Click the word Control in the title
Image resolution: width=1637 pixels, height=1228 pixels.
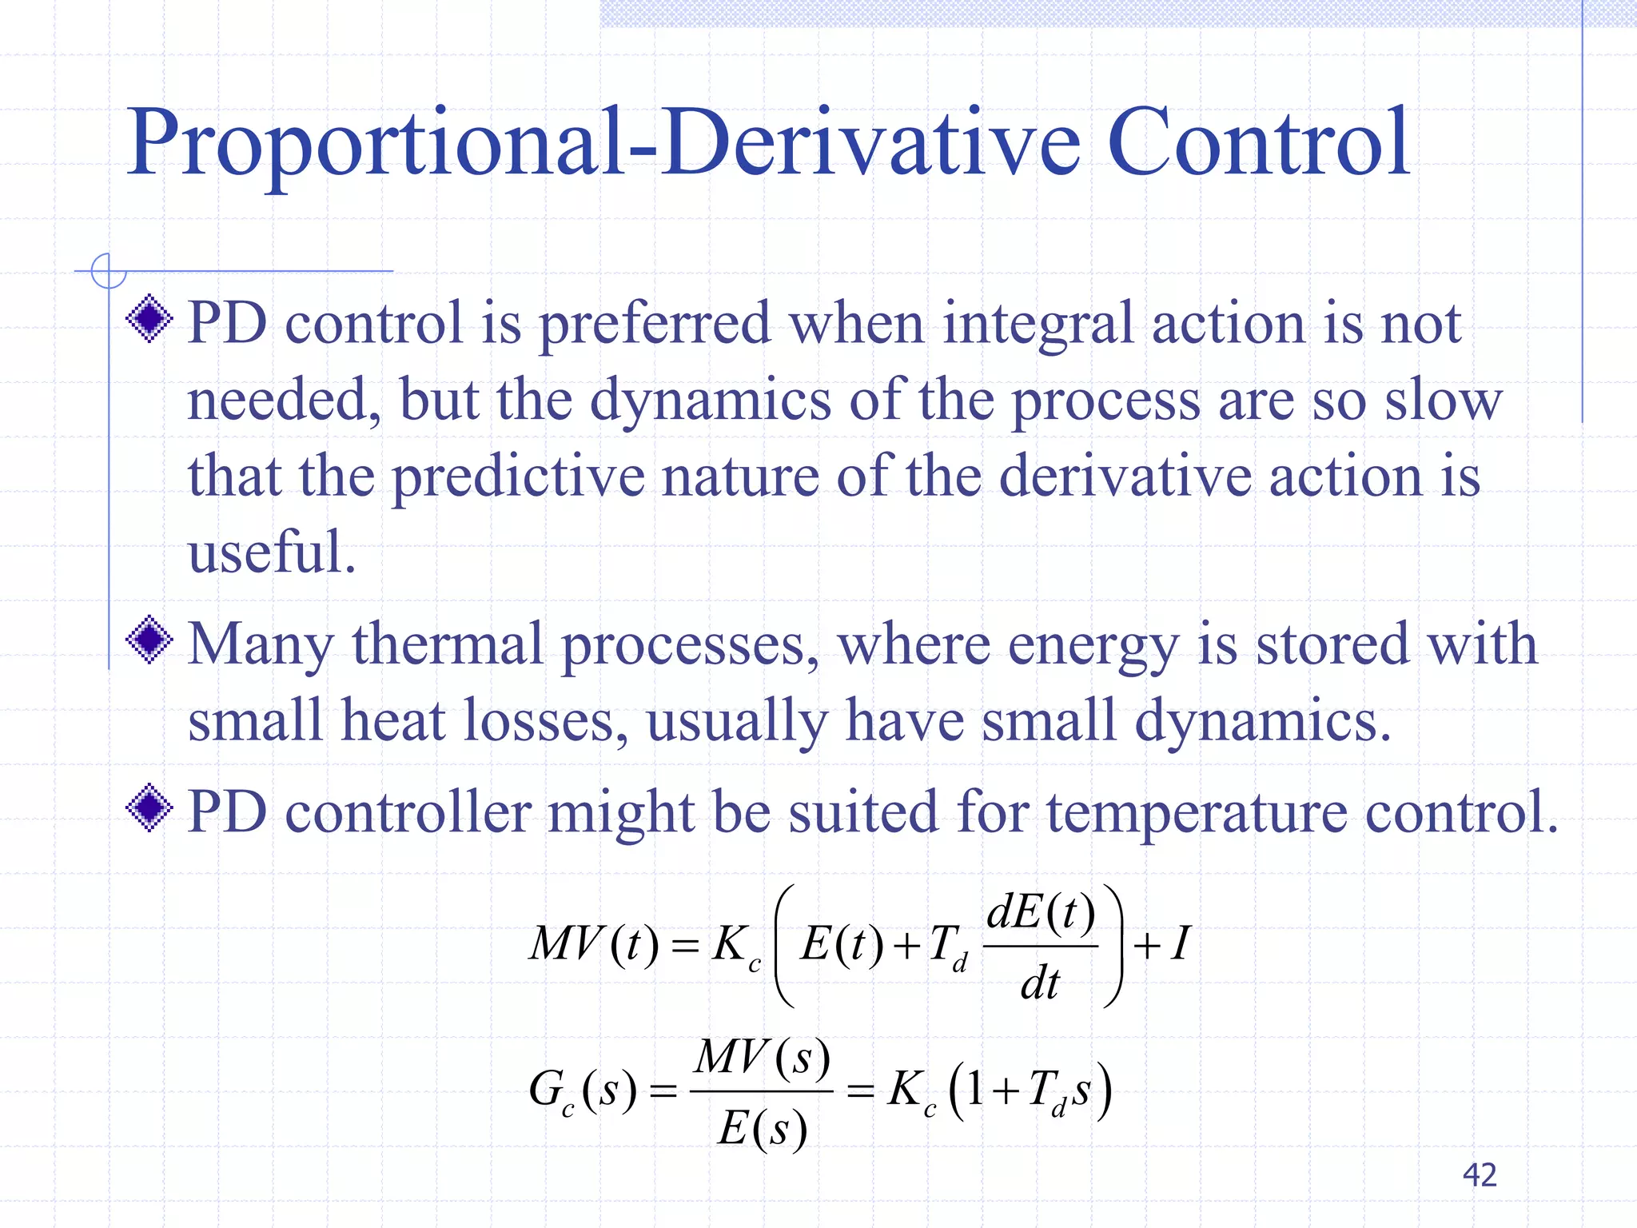click(1258, 144)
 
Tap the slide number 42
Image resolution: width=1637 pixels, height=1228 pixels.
click(1479, 1174)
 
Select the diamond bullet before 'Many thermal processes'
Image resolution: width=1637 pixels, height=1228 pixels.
click(149, 640)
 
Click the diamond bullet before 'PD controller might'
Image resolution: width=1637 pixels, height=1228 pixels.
click(149, 808)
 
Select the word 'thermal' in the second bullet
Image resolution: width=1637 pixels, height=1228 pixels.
click(448, 644)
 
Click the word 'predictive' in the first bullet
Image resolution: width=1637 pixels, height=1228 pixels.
click(518, 476)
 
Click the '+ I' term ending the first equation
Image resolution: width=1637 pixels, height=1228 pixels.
click(1163, 944)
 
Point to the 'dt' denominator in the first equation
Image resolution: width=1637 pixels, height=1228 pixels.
click(1040, 983)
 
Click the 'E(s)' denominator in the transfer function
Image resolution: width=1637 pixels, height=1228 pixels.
click(762, 1130)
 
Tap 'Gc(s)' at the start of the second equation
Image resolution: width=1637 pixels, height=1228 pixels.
click(583, 1090)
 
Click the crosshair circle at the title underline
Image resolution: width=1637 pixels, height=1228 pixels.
click(108, 271)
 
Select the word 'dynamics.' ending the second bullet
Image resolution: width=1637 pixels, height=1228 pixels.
click(1263, 720)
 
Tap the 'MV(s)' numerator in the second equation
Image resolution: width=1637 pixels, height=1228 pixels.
click(763, 1057)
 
